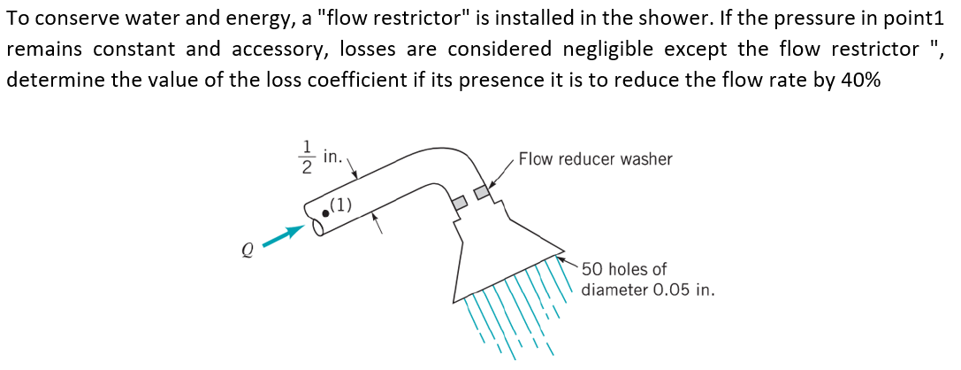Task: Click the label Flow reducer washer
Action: point(595,159)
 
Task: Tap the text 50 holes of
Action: point(624,268)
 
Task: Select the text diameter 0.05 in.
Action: point(648,289)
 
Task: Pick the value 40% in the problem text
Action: point(859,79)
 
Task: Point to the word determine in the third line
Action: point(47,79)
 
